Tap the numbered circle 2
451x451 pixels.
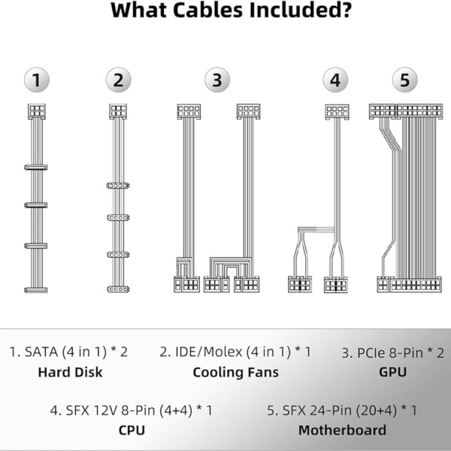[x=118, y=80]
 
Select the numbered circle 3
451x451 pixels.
[x=216, y=80]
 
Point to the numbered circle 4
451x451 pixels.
[x=335, y=80]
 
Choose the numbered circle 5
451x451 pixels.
[x=404, y=80]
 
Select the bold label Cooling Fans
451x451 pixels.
[x=235, y=372]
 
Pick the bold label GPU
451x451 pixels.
[x=392, y=372]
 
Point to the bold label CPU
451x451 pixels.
[x=132, y=431]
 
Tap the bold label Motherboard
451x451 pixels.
[x=342, y=431]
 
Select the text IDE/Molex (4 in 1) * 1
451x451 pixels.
[x=235, y=352]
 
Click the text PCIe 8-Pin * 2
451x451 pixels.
[x=392, y=352]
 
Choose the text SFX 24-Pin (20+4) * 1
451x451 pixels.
[x=342, y=410]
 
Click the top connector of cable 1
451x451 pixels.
[x=36, y=111]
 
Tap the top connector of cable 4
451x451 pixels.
[x=337, y=111]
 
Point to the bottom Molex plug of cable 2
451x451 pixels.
[x=118, y=289]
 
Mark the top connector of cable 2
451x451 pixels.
[x=118, y=111]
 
